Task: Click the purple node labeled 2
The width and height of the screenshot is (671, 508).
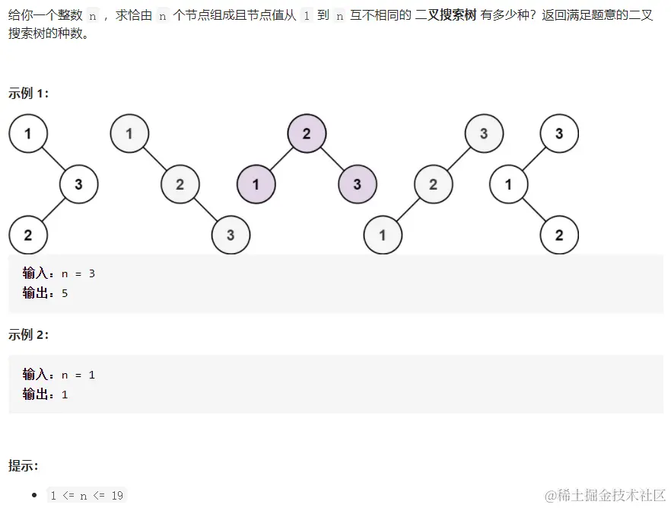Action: tap(307, 134)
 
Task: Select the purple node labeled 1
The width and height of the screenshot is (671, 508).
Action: tap(256, 184)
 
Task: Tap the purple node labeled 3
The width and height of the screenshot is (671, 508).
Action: tap(357, 184)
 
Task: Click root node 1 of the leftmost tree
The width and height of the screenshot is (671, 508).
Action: tap(28, 134)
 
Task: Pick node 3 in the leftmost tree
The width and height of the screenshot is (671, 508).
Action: tap(78, 184)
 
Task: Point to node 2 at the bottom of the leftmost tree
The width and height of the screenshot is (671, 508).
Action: tap(28, 235)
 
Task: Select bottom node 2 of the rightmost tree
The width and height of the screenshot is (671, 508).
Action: tap(559, 235)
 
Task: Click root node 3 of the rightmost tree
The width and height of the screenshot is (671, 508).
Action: tap(559, 134)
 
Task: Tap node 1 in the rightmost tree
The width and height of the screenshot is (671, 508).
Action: tap(509, 184)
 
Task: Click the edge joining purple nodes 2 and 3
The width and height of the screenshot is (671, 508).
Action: tap(332, 159)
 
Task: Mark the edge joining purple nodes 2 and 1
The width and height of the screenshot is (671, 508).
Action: tap(281, 159)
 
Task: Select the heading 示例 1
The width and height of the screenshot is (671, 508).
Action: tap(29, 93)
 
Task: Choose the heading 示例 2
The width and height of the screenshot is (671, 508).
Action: tap(29, 334)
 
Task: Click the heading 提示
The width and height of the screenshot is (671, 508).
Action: tap(24, 465)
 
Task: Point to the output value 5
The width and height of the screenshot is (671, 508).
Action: tap(65, 292)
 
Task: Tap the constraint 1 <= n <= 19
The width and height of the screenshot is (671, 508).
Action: tap(87, 495)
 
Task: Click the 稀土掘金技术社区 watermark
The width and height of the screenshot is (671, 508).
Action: tap(605, 495)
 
